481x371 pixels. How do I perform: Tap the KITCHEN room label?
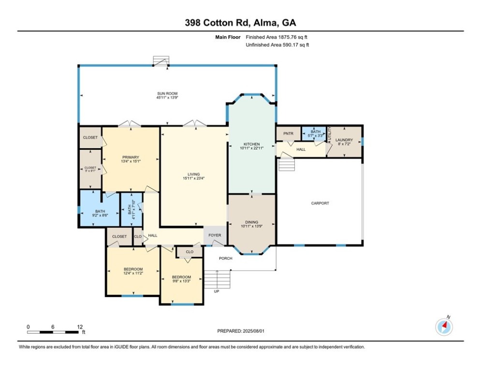point(251,144)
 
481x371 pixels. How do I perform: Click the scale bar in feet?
point(54,332)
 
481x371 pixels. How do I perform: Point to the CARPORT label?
point(320,203)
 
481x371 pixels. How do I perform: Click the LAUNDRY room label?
point(345,140)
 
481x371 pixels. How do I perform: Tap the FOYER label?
point(215,235)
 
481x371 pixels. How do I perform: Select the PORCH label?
point(225,258)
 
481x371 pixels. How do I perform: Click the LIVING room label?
point(193,174)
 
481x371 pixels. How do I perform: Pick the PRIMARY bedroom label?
point(131,157)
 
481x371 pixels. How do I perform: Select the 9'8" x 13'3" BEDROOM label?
point(181,277)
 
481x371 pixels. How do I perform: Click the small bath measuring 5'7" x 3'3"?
point(316,133)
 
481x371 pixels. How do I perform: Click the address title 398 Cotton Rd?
point(240,22)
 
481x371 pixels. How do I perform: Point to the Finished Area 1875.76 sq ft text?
point(277,37)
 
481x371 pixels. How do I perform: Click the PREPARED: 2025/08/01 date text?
point(241,331)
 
